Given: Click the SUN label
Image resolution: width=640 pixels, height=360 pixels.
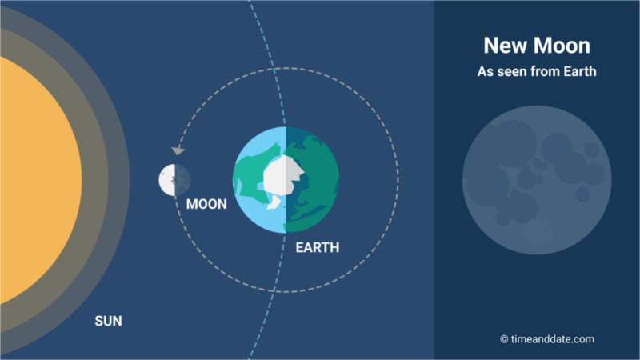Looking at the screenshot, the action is (x=108, y=321).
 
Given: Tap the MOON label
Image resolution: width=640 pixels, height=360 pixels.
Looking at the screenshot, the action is (x=206, y=204).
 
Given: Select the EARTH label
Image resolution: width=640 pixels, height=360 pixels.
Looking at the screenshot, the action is (x=318, y=247).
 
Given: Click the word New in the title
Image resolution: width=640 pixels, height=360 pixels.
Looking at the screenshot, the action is (x=503, y=46).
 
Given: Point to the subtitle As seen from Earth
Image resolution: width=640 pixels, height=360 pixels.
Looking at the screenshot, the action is (x=537, y=71).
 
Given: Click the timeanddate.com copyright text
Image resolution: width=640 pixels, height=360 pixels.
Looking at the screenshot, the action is (x=547, y=339).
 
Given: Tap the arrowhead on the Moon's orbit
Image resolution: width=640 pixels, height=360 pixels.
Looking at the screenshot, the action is (x=178, y=150).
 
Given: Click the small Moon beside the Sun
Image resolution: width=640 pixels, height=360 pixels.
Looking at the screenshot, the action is (x=174, y=179).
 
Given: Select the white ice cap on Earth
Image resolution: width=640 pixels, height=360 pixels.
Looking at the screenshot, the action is (x=282, y=175).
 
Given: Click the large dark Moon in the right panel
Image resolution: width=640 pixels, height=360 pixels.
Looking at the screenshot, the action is (x=537, y=180).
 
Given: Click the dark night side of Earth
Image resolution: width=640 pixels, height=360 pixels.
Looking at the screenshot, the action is (x=312, y=180).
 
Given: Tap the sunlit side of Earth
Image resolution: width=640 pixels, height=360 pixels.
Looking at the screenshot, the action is (x=259, y=180).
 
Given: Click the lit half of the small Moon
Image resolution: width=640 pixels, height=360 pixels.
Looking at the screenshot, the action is (x=167, y=179).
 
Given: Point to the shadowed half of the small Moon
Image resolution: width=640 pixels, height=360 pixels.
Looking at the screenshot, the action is (x=183, y=179).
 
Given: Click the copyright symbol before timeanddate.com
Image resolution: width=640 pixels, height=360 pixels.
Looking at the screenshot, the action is (x=504, y=339).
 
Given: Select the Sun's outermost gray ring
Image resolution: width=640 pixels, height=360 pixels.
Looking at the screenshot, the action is (x=119, y=180).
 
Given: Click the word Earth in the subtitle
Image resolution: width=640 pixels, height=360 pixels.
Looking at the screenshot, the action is (x=580, y=71).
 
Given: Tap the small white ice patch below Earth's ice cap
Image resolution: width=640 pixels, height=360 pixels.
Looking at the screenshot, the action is (x=274, y=203).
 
